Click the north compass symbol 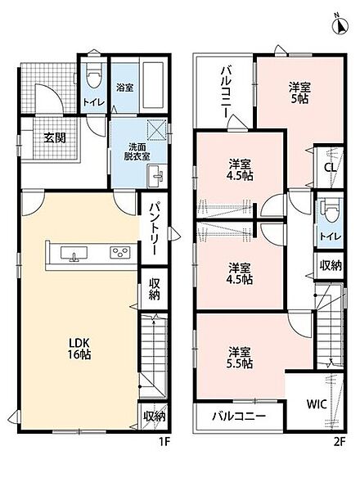click(340, 25)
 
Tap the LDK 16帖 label click(79, 349)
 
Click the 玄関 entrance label click(55, 137)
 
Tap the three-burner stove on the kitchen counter click(120, 252)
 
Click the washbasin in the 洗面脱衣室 click(155, 176)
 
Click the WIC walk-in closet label click(317, 404)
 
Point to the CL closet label click(330, 167)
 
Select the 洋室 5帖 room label click(299, 92)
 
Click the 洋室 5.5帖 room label click(240, 358)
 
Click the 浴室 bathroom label click(125, 88)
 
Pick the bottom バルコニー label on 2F click(239, 416)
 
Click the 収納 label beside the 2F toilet click(331, 265)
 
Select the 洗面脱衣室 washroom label click(137, 151)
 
